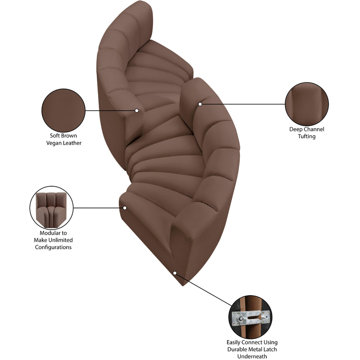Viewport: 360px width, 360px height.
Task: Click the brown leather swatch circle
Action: pos(63,110)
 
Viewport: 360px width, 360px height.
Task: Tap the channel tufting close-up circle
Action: pos(307,104)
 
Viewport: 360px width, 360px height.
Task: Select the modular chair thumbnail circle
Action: pos(51,208)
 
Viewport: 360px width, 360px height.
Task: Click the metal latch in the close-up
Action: pos(251,317)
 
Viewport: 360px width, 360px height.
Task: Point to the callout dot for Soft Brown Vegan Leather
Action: pos(137,110)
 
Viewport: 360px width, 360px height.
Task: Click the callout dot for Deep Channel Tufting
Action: pos(200,104)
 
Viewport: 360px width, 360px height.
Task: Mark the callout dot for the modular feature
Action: pos(125,208)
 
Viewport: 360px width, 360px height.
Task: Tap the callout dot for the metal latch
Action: pos(175,273)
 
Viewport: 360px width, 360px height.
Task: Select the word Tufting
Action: pos(307,136)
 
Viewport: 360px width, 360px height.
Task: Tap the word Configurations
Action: pos(53,247)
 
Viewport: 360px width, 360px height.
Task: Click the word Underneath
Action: pos(252,356)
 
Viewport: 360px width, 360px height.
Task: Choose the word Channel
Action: pos(314,129)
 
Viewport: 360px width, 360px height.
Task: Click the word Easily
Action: pos(234,342)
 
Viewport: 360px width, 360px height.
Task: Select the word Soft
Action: pos(54,136)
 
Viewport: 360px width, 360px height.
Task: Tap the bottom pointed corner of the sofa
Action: pos(183,286)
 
